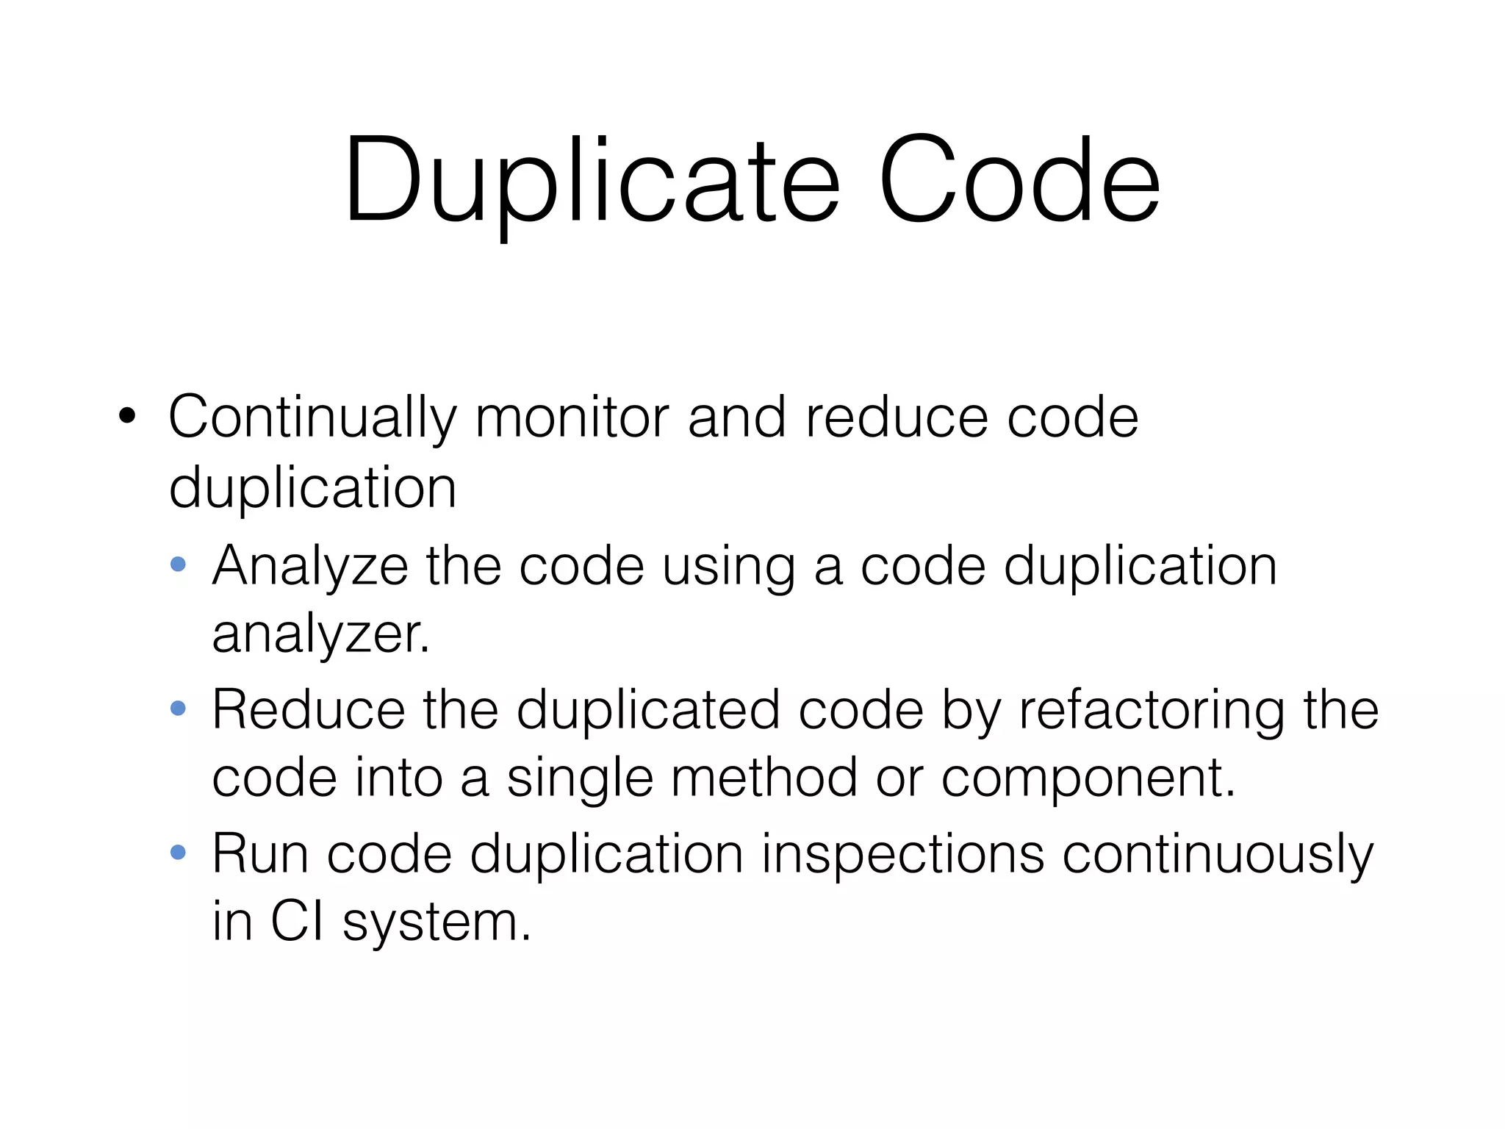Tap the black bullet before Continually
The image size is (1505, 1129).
pyautogui.click(x=127, y=416)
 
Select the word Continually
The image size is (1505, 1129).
pyautogui.click(x=312, y=417)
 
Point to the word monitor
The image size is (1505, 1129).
pyautogui.click(x=572, y=417)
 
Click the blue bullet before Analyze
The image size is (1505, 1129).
pyautogui.click(x=178, y=564)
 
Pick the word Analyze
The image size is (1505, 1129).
pyautogui.click(x=309, y=566)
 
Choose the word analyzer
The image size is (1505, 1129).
pyautogui.click(x=320, y=634)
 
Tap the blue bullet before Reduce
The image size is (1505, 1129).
pyautogui.click(x=178, y=709)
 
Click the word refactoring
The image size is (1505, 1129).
pyautogui.click(x=1152, y=710)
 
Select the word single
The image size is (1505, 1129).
pyautogui.click(x=580, y=778)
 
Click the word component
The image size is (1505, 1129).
pyautogui.click(x=1088, y=778)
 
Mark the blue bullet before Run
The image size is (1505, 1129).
pyautogui.click(x=178, y=853)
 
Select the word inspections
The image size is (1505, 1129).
pyautogui.click(x=902, y=854)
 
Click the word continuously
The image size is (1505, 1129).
pyautogui.click(x=1218, y=854)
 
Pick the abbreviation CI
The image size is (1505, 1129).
pyautogui.click(x=297, y=922)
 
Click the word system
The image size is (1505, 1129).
pyautogui.click(x=437, y=922)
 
